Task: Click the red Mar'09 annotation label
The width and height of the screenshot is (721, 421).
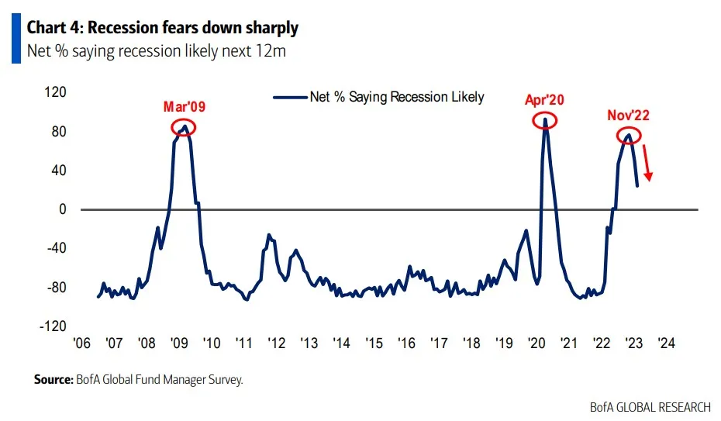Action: click(x=184, y=107)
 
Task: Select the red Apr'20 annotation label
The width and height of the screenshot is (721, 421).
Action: click(x=544, y=99)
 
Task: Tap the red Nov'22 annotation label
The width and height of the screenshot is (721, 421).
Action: click(x=628, y=116)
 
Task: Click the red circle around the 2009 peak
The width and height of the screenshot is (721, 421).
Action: click(x=184, y=127)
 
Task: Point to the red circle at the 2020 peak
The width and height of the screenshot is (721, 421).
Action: click(x=546, y=120)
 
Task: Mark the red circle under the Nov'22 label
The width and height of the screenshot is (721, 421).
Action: click(x=629, y=136)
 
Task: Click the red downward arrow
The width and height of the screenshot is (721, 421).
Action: click(x=647, y=164)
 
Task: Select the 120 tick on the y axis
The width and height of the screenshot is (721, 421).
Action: click(x=56, y=92)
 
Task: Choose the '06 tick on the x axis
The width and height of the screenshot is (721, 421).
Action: click(x=81, y=343)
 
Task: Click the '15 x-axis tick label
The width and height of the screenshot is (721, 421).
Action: click(x=374, y=343)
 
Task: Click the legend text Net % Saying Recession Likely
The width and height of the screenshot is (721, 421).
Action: click(x=396, y=97)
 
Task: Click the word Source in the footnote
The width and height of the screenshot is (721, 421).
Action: click(x=52, y=380)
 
